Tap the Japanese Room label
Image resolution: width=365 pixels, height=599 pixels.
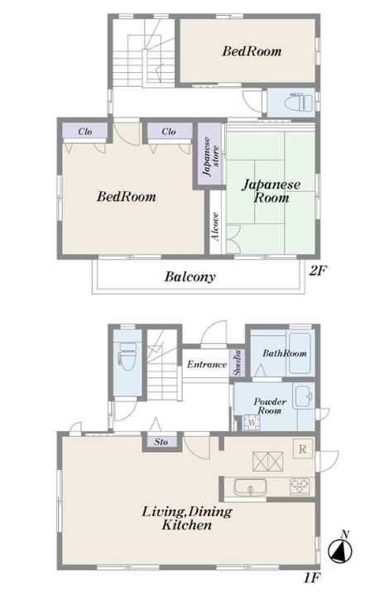click(x=271, y=191)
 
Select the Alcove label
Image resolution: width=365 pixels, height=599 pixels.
click(x=214, y=226)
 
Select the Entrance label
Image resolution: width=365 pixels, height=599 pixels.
click(x=206, y=364)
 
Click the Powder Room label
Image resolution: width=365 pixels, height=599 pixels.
click(x=270, y=406)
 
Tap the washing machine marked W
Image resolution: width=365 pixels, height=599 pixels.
click(x=250, y=421)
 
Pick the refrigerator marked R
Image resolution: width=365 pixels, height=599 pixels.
click(x=302, y=449)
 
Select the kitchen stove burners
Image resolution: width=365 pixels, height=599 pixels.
click(x=300, y=486)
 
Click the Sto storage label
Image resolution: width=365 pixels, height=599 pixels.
click(x=161, y=442)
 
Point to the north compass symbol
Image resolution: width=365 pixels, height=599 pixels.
click(x=339, y=547)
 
